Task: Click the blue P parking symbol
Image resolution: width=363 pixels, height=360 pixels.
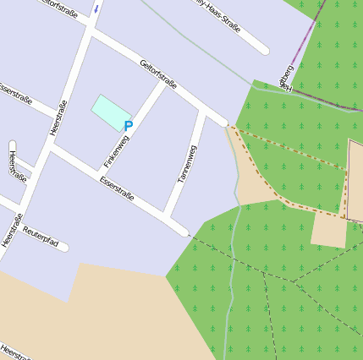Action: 129,127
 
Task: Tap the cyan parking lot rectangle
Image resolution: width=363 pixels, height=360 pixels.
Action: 111,112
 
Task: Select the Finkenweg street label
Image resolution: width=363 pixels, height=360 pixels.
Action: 116,150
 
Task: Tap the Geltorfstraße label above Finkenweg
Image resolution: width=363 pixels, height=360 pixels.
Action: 158,73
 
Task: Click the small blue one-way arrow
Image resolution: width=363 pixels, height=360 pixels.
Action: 96,8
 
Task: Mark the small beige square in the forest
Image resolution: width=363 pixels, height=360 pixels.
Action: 328,228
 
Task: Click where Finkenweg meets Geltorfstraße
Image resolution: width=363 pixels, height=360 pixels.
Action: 162,84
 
